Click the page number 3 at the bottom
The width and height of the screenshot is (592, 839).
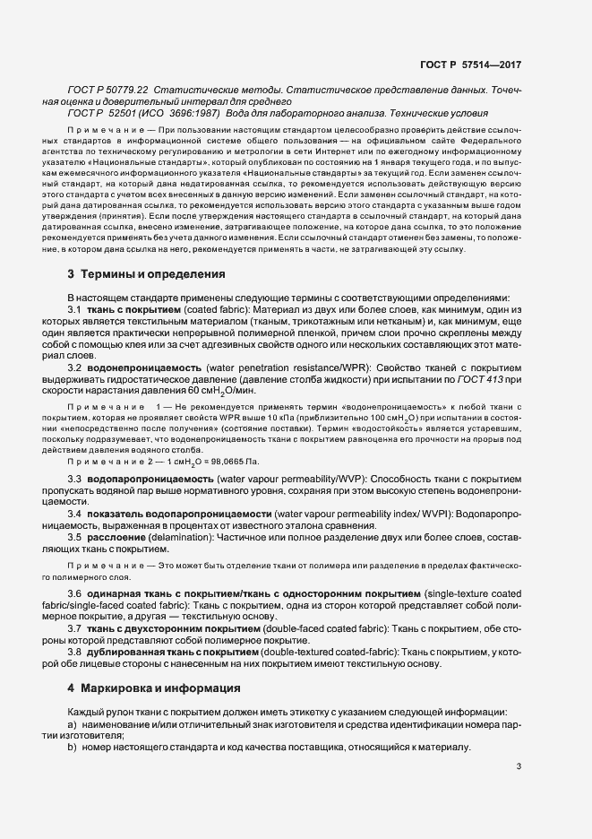(519, 766)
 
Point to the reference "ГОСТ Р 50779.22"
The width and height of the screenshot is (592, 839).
(108, 91)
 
